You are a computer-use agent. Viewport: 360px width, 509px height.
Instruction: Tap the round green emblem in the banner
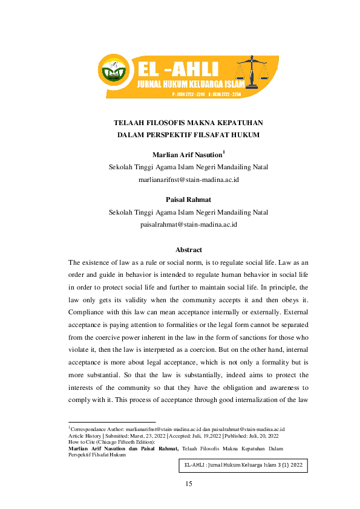(114, 71)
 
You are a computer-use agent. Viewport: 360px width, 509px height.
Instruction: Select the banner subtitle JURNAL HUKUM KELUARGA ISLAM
(190, 83)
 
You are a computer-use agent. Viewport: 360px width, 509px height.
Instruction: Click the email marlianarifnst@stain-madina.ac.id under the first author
(188, 180)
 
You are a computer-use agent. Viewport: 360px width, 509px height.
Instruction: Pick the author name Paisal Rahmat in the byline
(188, 199)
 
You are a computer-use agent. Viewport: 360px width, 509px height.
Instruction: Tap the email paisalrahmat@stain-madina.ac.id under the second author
(188, 224)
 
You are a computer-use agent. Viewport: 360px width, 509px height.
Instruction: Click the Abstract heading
(188, 250)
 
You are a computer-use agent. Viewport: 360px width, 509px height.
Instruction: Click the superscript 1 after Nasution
(224, 152)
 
